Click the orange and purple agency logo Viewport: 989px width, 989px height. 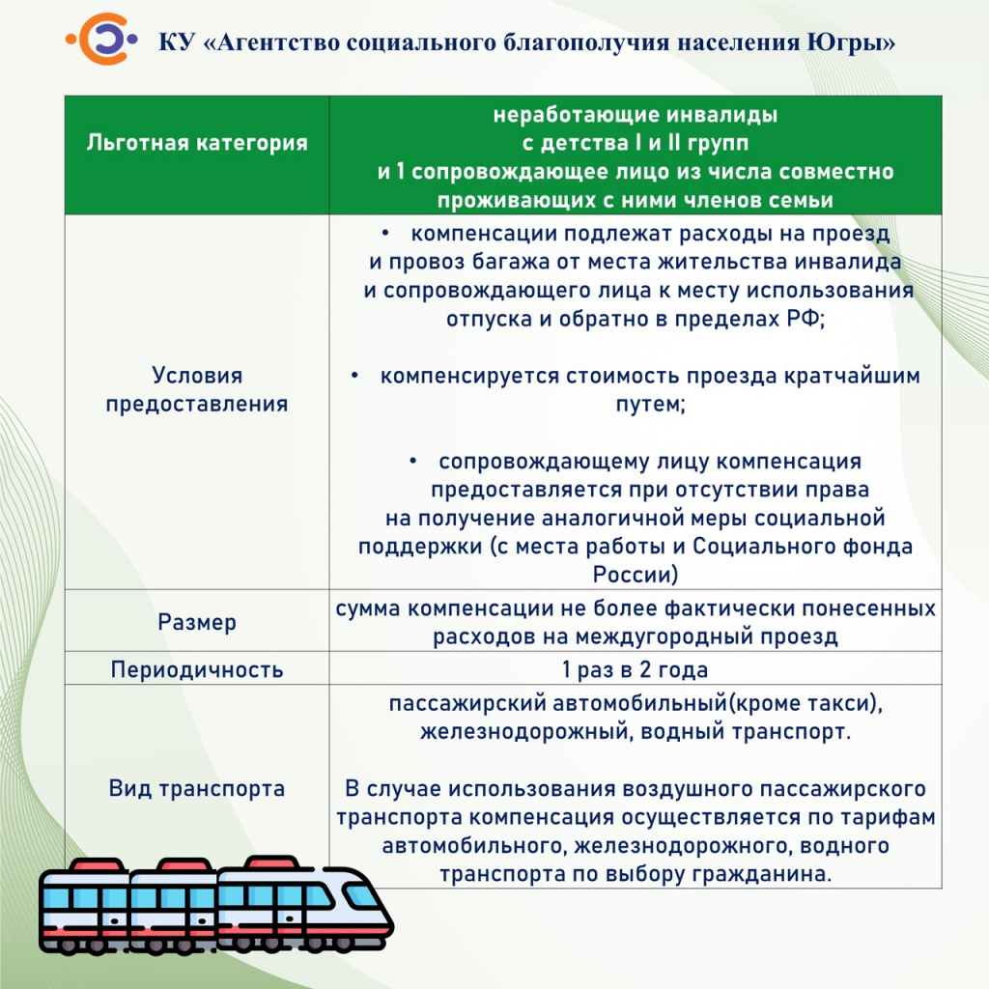pyautogui.click(x=101, y=39)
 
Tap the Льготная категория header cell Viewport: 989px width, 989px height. pyautogui.click(x=197, y=143)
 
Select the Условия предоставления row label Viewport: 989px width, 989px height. pyautogui.click(x=197, y=389)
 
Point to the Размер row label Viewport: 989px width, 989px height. pyautogui.click(x=197, y=622)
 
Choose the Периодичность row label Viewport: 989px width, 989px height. pyautogui.click(x=197, y=669)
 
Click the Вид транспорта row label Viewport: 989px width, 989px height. pyautogui.click(x=197, y=788)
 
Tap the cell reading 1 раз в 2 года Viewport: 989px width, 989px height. pyautogui.click(x=636, y=669)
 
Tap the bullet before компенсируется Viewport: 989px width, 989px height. pyautogui.click(x=354, y=376)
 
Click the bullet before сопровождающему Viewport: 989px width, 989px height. pyautogui.click(x=412, y=461)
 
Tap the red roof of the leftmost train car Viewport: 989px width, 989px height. pyautogui.click(x=98, y=864)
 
